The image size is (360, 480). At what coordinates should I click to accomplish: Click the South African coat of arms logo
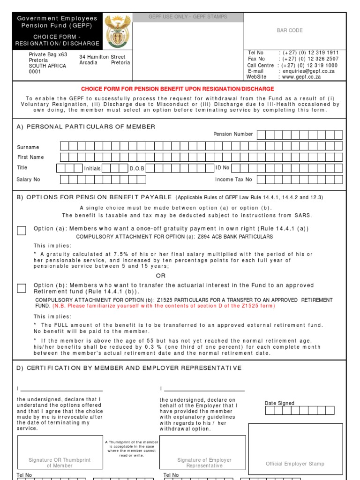click(x=117, y=30)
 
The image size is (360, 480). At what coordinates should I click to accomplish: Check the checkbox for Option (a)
click(x=22, y=230)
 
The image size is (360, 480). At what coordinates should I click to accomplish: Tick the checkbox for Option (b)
click(x=22, y=288)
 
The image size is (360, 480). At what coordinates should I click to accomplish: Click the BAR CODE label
click(x=289, y=30)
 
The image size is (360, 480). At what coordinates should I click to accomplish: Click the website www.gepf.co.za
click(x=301, y=77)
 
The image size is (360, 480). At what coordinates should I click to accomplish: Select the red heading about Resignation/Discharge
click(x=178, y=89)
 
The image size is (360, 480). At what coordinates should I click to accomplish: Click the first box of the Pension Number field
click(x=261, y=135)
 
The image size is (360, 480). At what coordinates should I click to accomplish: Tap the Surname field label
click(x=28, y=147)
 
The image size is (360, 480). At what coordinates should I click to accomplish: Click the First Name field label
click(x=30, y=157)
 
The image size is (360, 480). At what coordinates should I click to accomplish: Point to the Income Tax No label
click(x=233, y=179)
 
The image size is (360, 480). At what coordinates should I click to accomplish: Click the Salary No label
click(x=28, y=179)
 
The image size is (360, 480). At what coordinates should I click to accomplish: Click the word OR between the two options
click(x=161, y=276)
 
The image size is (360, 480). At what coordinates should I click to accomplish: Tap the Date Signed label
click(x=279, y=403)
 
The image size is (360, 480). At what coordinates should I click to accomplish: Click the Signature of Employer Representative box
click(x=204, y=452)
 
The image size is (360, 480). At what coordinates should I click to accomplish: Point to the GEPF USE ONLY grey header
click(x=188, y=17)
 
